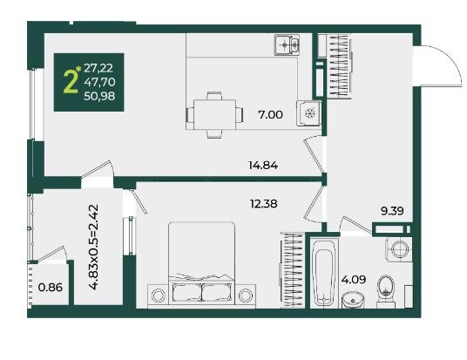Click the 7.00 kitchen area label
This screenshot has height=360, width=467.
pyautogui.click(x=270, y=115)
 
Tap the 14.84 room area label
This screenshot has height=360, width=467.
pyautogui.click(x=263, y=165)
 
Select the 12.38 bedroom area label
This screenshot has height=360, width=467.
pyautogui.click(x=264, y=204)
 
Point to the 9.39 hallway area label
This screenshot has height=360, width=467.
pyautogui.click(x=393, y=211)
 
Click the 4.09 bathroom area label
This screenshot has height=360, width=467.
pyautogui.click(x=354, y=280)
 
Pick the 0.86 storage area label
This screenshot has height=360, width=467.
pyautogui.click(x=51, y=288)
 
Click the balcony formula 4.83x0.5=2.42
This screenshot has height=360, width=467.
pyautogui.click(x=94, y=247)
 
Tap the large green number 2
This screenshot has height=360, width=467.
pyautogui.click(x=71, y=82)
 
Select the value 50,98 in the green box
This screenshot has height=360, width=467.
pyautogui.click(x=99, y=96)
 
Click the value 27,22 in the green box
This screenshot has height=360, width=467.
pyautogui.click(x=98, y=68)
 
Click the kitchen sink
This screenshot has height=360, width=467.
pyautogui.click(x=287, y=45)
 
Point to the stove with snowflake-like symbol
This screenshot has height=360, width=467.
pyautogui.click(x=308, y=113)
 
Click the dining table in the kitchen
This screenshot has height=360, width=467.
pyautogui.click(x=214, y=115)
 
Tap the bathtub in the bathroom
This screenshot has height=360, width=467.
pyautogui.click(x=324, y=273)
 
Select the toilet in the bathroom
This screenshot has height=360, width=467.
pyautogui.click(x=386, y=291)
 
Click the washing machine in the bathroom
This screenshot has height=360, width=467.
pyautogui.click(x=399, y=249)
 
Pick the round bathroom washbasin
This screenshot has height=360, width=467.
pyautogui.click(x=353, y=300)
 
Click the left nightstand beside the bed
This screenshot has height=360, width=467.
pyautogui.click(x=158, y=295)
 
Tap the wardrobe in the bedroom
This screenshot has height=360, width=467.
pyautogui.click(x=293, y=269)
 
